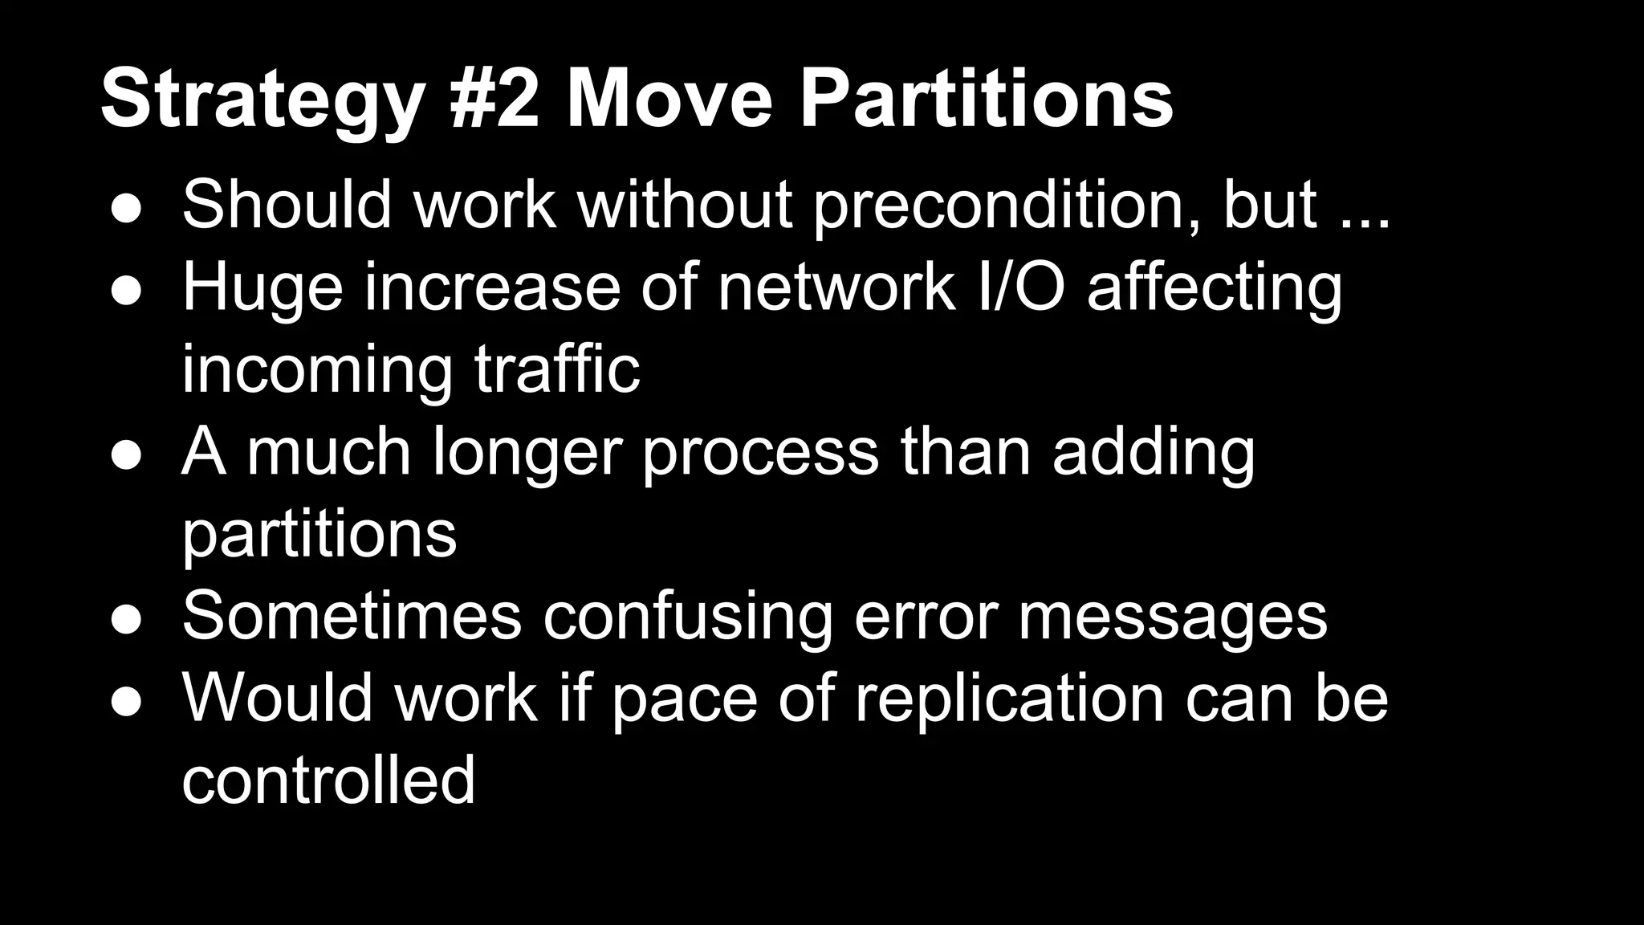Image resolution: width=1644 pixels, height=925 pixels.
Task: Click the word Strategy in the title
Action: tap(262, 100)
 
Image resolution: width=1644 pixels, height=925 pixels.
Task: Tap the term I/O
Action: tap(1019, 287)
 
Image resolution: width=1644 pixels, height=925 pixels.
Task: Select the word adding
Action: tap(1154, 452)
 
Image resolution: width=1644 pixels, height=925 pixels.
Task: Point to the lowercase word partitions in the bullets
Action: tap(319, 535)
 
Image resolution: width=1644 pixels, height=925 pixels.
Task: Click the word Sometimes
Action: tap(352, 617)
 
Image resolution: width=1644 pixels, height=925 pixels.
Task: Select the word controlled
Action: tap(328, 780)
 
